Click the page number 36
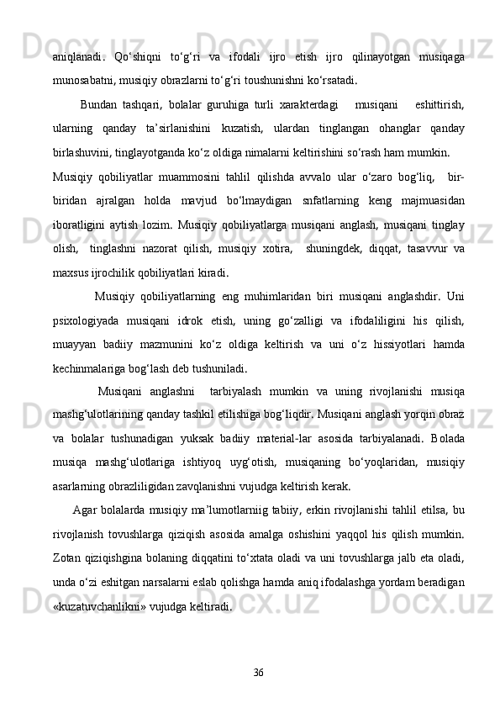[x=258, y=670]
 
